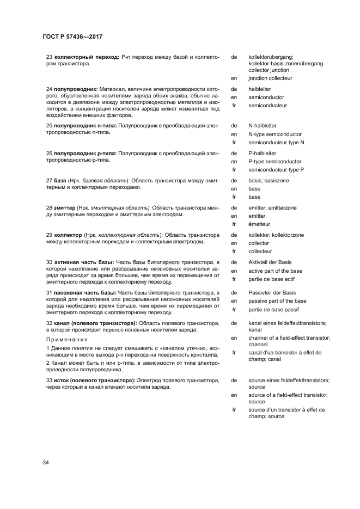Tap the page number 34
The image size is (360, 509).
46,463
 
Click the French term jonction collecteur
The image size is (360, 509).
270,78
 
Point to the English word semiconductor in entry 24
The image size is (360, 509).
266,97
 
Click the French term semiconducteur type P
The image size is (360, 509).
276,170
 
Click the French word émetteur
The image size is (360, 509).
259,224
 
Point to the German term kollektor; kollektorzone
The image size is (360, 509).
276,235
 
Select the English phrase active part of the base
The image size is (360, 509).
275,271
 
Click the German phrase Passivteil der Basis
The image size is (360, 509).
272,293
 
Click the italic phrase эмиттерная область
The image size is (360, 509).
119,208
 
